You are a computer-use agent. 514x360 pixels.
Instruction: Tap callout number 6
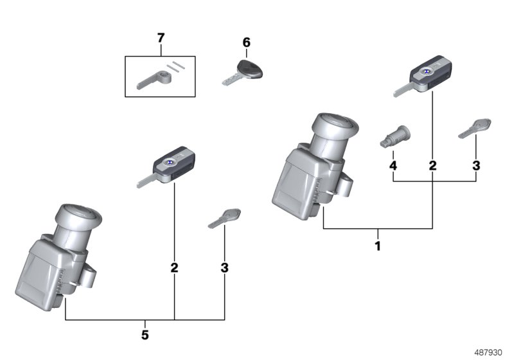[x=246, y=43]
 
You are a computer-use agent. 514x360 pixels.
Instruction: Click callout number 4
[x=393, y=166]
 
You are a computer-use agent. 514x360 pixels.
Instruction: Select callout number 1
[x=378, y=246]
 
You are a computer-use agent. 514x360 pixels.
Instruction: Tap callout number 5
[x=145, y=334]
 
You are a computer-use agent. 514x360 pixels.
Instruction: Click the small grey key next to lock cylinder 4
[x=475, y=127]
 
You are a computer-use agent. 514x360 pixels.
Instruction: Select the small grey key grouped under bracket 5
[x=225, y=217]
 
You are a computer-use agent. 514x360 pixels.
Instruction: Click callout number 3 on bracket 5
[x=224, y=267]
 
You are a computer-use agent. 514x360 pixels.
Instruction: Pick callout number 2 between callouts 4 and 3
[x=432, y=166]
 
